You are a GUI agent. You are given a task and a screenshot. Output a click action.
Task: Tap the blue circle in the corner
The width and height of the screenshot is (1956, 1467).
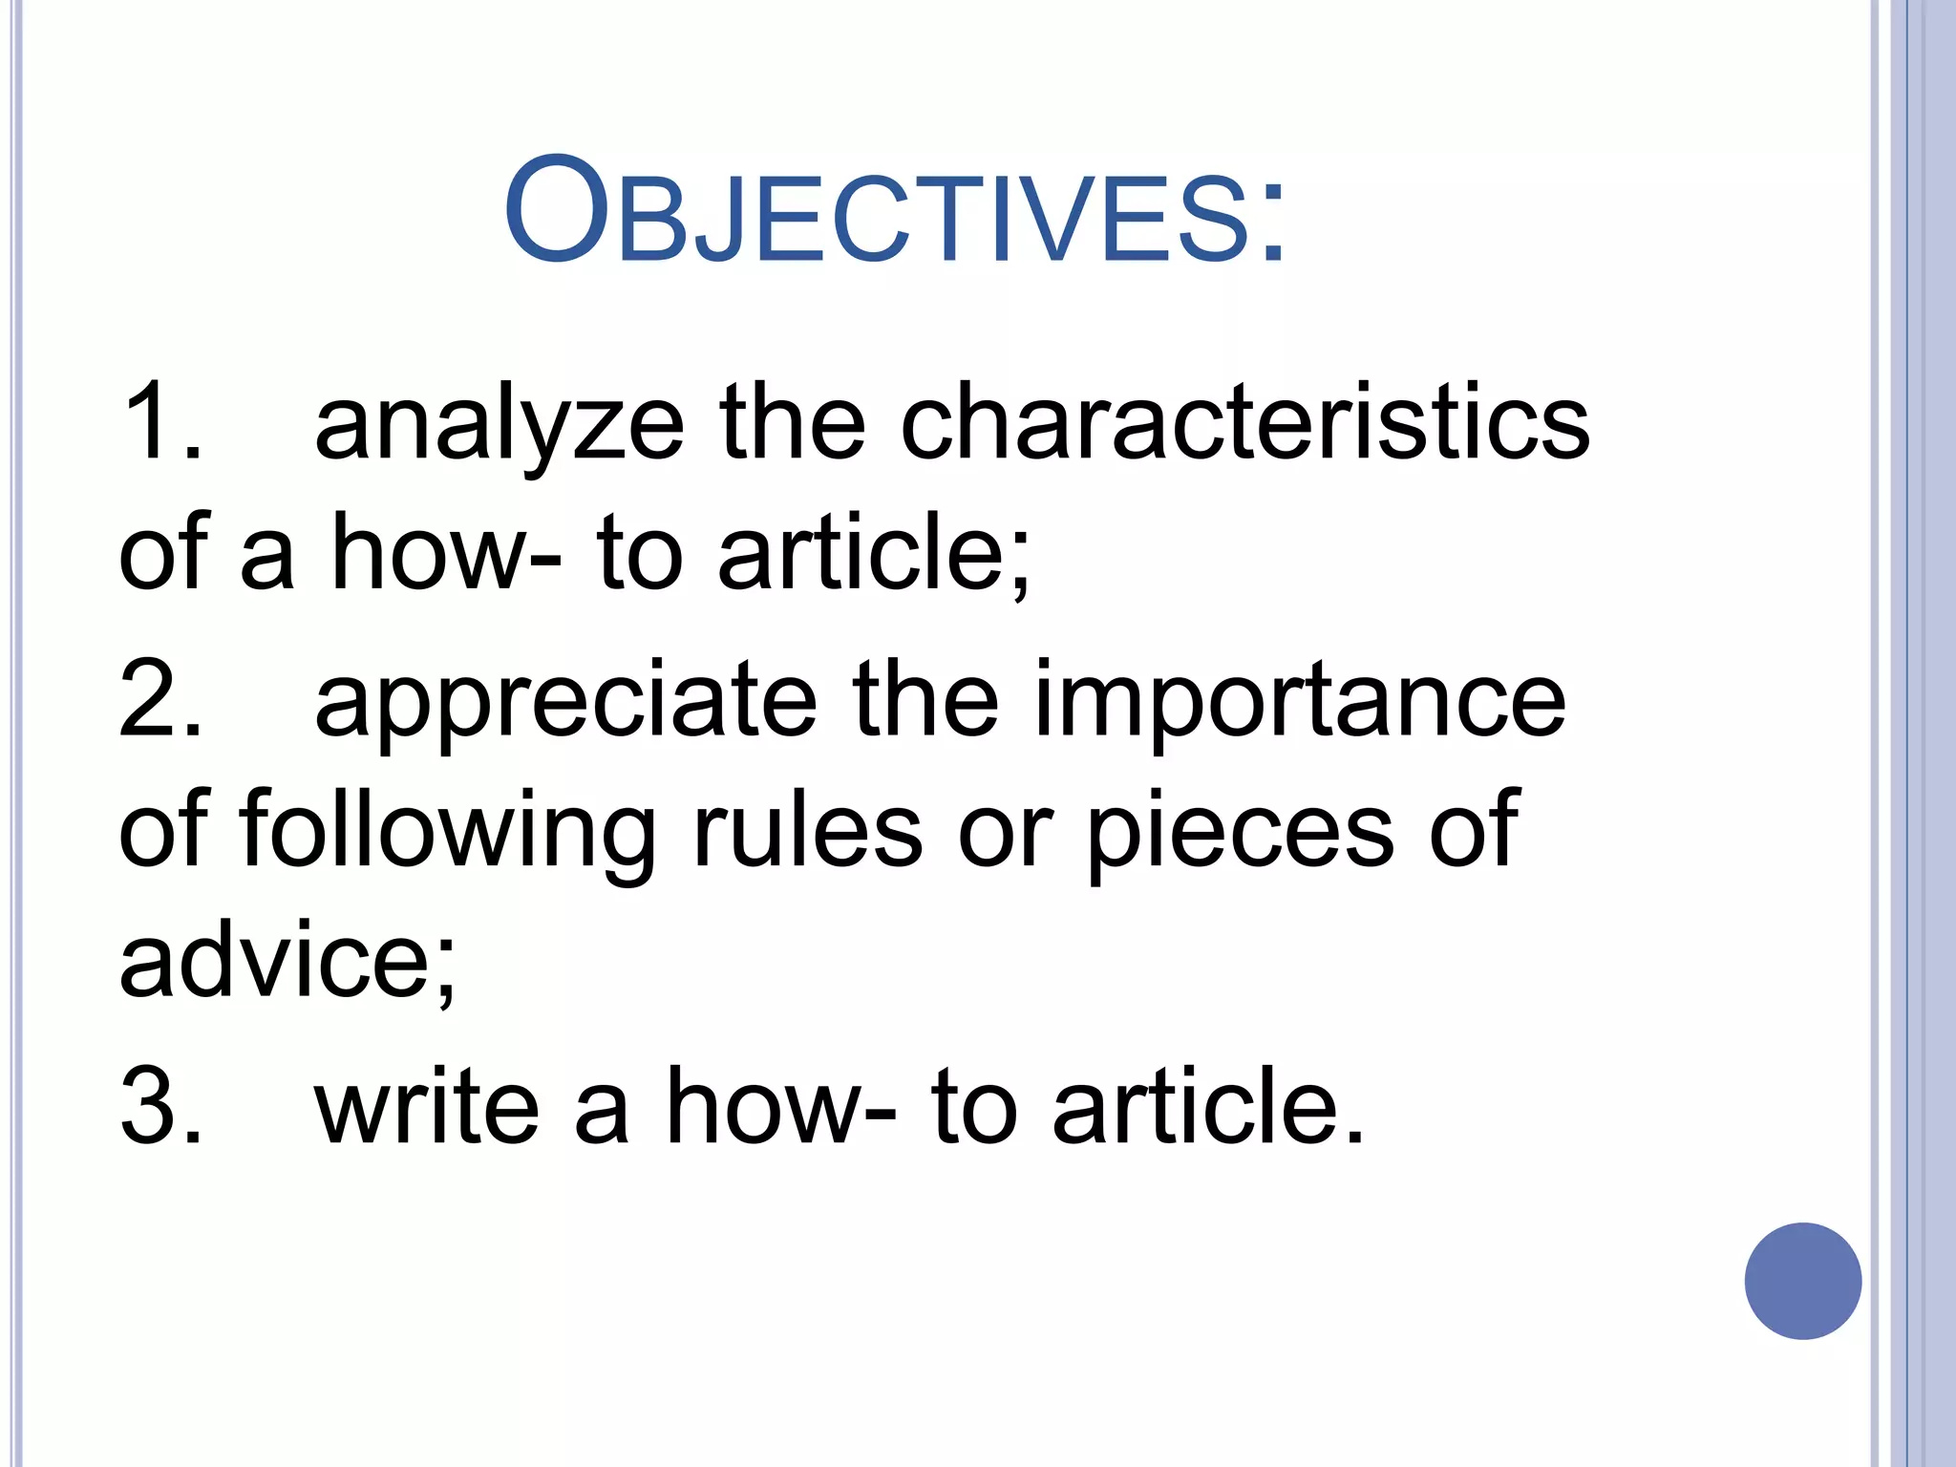point(1802,1281)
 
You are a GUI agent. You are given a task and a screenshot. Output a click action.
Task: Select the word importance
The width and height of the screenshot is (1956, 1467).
point(1299,702)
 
